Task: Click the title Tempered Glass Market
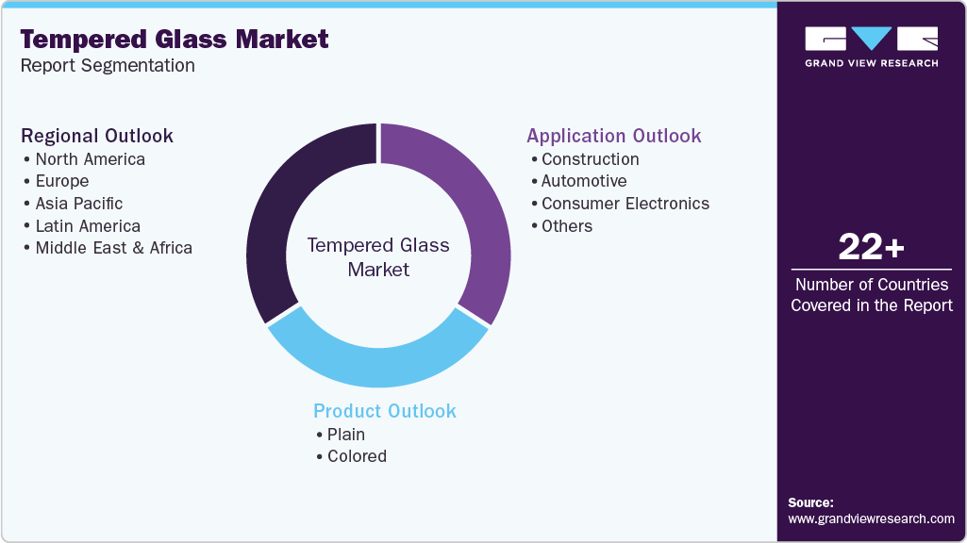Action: click(x=175, y=39)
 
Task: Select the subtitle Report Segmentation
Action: click(x=108, y=65)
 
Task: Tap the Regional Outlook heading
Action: click(x=97, y=136)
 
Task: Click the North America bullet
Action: click(x=90, y=158)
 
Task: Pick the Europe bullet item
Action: click(x=61, y=181)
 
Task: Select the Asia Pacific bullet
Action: click(x=78, y=203)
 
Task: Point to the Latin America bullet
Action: click(x=87, y=225)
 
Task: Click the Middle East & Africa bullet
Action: click(x=113, y=248)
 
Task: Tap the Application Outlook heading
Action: click(x=614, y=136)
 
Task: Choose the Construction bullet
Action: click(x=590, y=158)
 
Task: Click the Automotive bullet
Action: click(x=583, y=180)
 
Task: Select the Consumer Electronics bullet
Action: click(x=625, y=203)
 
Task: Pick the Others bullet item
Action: click(x=566, y=225)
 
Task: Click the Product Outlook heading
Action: click(x=385, y=411)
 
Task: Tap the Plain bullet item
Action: click(x=345, y=434)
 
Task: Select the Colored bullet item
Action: click(x=357, y=456)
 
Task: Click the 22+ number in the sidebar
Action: click(x=871, y=248)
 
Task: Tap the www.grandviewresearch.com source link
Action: click(x=871, y=518)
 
